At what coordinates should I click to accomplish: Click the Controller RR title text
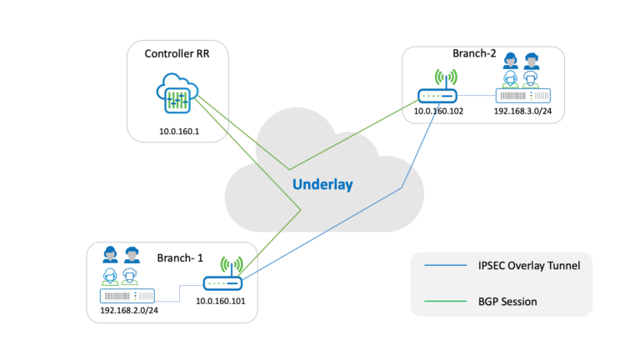[177, 55]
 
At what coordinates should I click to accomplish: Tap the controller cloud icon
[176, 94]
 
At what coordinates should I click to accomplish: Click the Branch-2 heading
[474, 54]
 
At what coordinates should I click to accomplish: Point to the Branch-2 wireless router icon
[439, 96]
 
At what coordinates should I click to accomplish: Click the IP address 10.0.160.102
[438, 109]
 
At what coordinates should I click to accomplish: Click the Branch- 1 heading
[180, 257]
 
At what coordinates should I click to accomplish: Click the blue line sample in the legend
[444, 267]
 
